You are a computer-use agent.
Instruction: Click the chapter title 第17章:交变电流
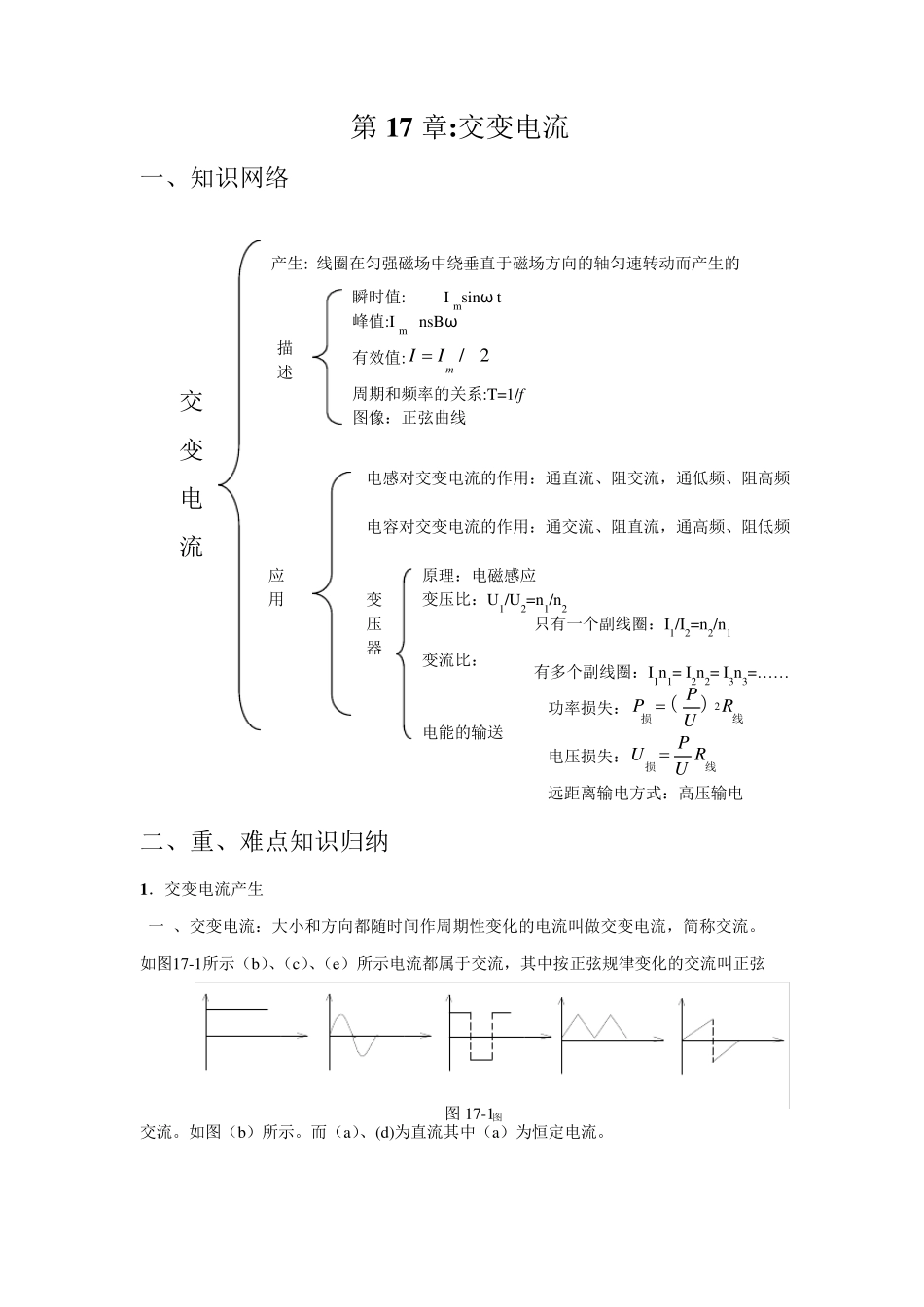tap(459, 127)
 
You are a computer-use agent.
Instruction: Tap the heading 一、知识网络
tap(215, 178)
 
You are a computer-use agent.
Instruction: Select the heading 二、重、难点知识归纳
tap(265, 841)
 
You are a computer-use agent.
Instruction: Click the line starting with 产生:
tap(505, 263)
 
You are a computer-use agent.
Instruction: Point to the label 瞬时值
tap(378, 298)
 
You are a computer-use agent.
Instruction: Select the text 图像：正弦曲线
tap(409, 418)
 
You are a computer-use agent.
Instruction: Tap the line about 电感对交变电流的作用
tap(578, 478)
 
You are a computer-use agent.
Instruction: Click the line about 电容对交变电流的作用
tap(578, 527)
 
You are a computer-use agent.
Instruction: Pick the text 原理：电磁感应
tap(479, 576)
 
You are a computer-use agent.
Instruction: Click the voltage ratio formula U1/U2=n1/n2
tap(526, 601)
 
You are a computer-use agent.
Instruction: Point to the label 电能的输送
tap(463, 732)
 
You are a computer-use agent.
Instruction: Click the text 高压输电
tap(711, 794)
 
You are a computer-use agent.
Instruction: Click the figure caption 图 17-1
tap(471, 1113)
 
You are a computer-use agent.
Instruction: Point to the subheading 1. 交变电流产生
tap(201, 889)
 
